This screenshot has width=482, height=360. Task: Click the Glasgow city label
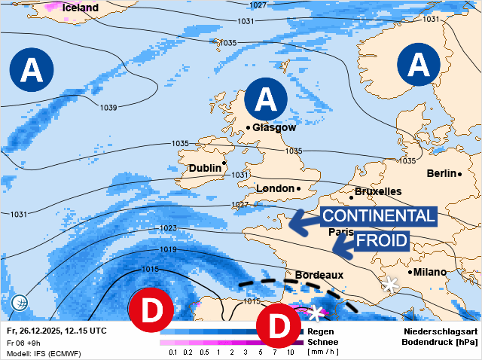point(274,127)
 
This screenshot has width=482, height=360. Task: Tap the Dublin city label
point(205,168)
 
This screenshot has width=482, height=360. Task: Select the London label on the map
point(275,188)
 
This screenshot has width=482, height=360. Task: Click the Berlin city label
point(442,173)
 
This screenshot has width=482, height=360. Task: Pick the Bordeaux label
point(319,275)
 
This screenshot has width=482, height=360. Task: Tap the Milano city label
point(429,271)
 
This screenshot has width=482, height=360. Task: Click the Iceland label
point(80,8)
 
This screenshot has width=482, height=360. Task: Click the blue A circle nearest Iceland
point(31,70)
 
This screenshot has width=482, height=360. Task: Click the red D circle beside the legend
point(278,325)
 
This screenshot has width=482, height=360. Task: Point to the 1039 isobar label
point(108,108)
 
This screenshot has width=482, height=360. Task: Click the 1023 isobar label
point(168,228)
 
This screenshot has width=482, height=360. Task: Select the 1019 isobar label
point(168,250)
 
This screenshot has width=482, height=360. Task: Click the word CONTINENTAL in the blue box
point(378,216)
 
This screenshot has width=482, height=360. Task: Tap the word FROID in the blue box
point(381,241)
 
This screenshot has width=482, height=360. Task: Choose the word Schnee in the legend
point(322,341)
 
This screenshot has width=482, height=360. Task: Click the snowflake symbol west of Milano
point(390,284)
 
